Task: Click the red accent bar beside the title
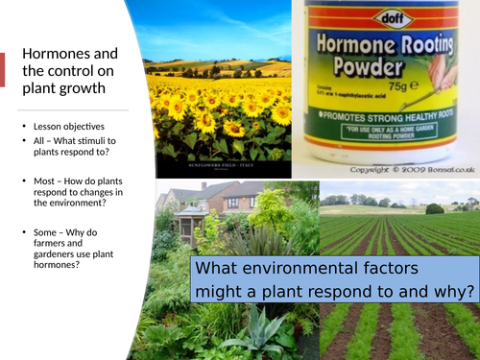click(2, 70)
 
